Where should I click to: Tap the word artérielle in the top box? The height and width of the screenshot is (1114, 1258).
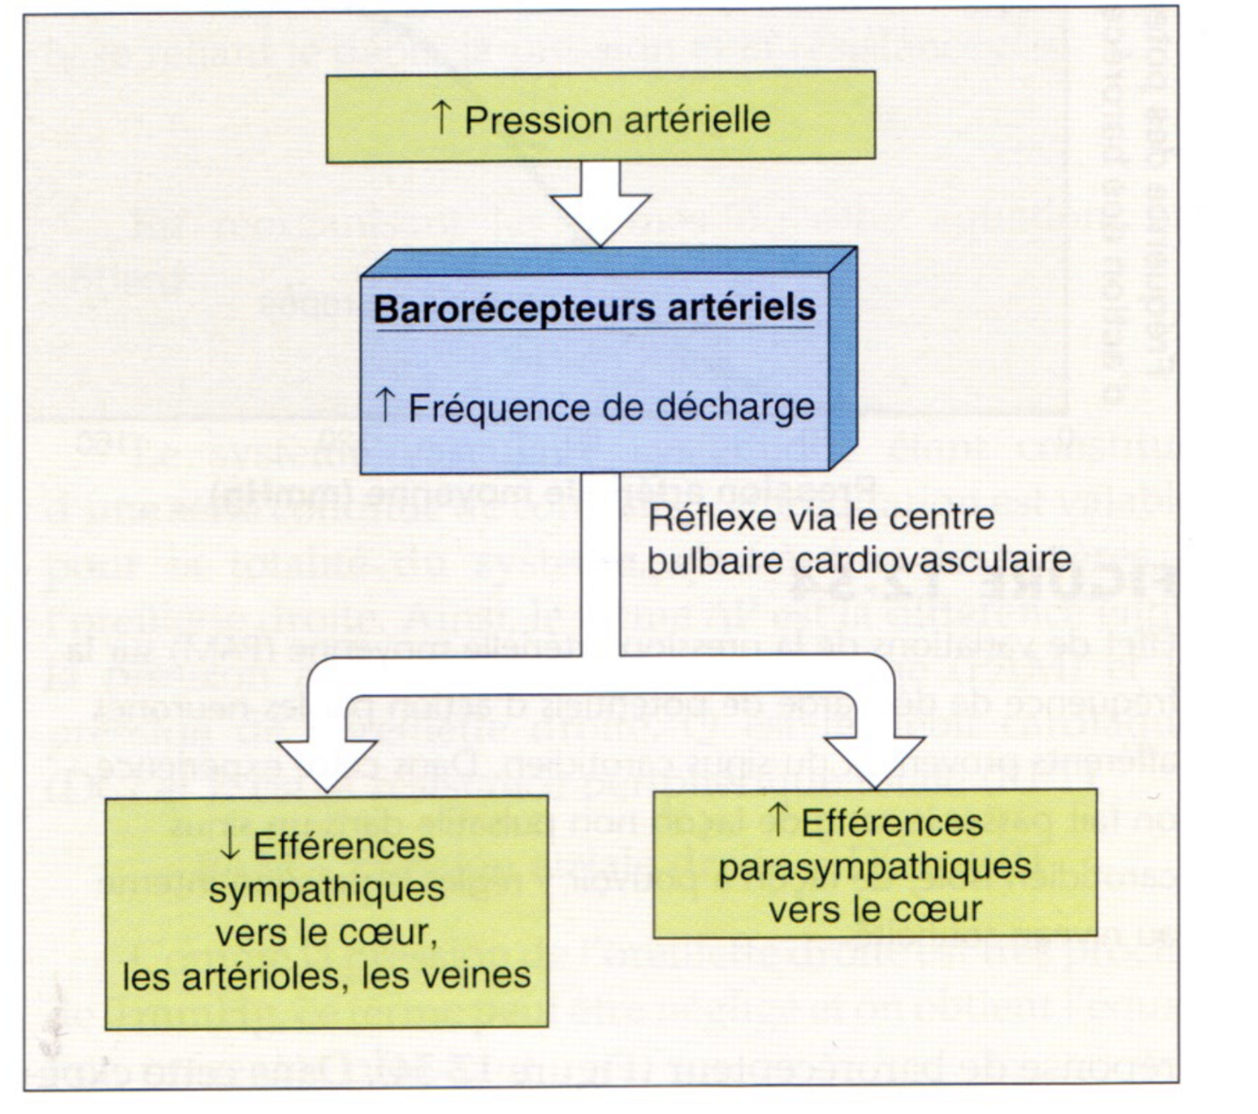coord(696,120)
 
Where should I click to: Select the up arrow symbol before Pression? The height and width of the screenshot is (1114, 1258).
coord(440,118)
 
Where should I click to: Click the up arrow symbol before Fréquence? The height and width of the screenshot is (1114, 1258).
coord(384,406)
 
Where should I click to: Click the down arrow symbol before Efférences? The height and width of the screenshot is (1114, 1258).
coord(230,845)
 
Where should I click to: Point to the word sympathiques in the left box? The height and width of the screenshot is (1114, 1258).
coord(327,889)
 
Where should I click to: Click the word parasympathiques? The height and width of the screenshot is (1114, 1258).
coord(875,866)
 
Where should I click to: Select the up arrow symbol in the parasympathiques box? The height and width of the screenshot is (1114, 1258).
coord(779,821)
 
